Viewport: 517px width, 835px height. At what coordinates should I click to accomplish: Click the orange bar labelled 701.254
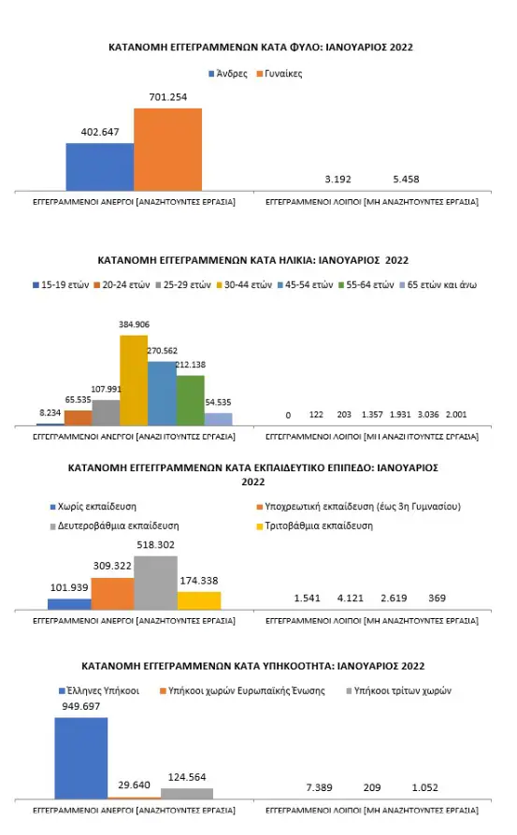167,149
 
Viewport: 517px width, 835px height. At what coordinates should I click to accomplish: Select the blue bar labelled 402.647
99,166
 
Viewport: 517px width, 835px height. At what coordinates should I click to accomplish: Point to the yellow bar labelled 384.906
133,381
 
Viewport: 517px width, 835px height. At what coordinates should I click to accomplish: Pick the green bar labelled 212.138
190,400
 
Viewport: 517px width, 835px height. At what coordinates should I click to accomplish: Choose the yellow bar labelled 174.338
199,599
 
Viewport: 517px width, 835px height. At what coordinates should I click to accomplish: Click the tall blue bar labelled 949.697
80,758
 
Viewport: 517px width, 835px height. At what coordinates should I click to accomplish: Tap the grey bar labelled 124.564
187,793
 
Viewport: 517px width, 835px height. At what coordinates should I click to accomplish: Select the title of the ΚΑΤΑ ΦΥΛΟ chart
260,47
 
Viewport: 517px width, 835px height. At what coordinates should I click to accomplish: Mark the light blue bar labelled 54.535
218,418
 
